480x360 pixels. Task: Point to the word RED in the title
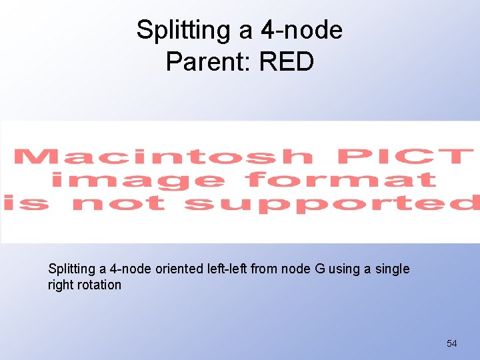(287, 62)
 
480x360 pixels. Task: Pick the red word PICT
(404, 157)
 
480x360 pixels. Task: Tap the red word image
(137, 180)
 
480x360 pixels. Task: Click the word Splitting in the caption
(72, 269)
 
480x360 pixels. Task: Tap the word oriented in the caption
(179, 269)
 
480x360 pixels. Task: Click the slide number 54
(452, 343)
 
